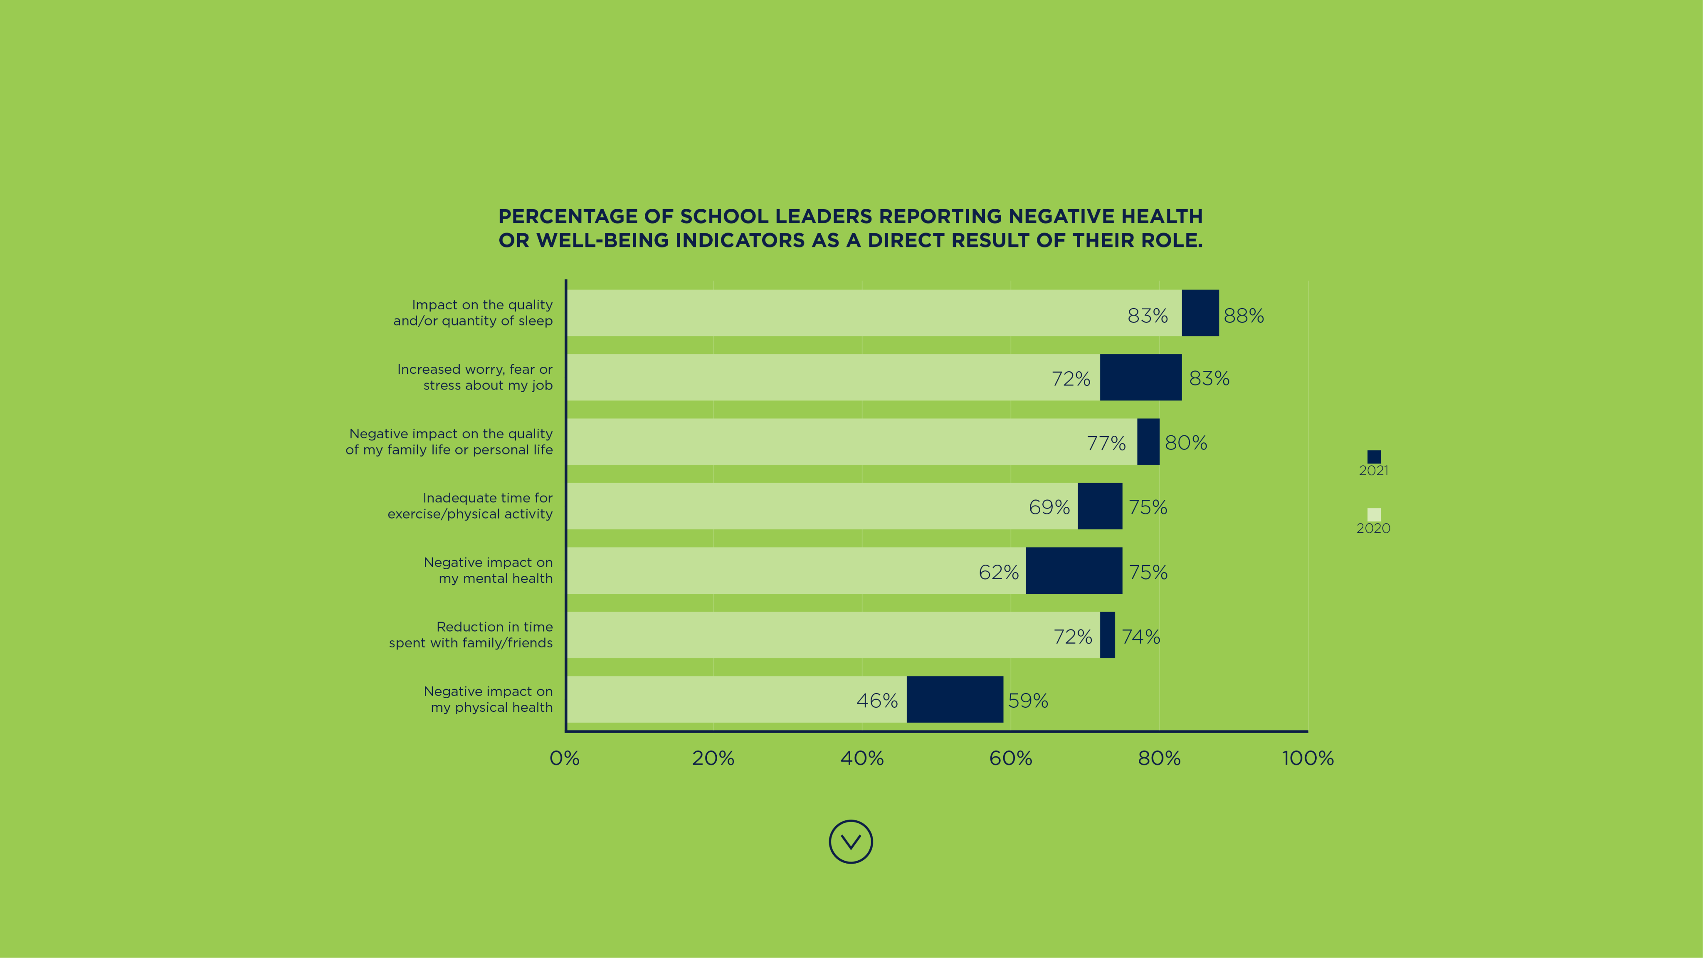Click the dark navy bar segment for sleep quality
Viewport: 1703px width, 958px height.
1200,313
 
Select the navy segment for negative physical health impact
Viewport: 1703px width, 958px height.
955,699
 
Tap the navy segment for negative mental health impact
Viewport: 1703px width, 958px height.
1074,570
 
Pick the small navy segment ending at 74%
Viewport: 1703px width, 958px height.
1107,635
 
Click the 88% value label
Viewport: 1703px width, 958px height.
1244,316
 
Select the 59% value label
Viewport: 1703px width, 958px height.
1028,701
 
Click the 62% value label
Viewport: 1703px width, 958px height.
998,573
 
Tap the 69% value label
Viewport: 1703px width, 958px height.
1049,508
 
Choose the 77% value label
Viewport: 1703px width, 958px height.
1106,443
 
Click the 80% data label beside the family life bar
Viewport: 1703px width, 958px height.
1186,443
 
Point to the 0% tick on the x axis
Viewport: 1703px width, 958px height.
565,758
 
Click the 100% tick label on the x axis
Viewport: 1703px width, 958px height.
1308,758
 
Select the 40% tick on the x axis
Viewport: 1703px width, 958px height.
862,758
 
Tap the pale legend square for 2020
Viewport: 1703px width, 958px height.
1374,514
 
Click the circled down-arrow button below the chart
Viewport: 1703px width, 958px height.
851,842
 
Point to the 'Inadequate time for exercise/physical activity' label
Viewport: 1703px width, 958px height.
470,506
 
